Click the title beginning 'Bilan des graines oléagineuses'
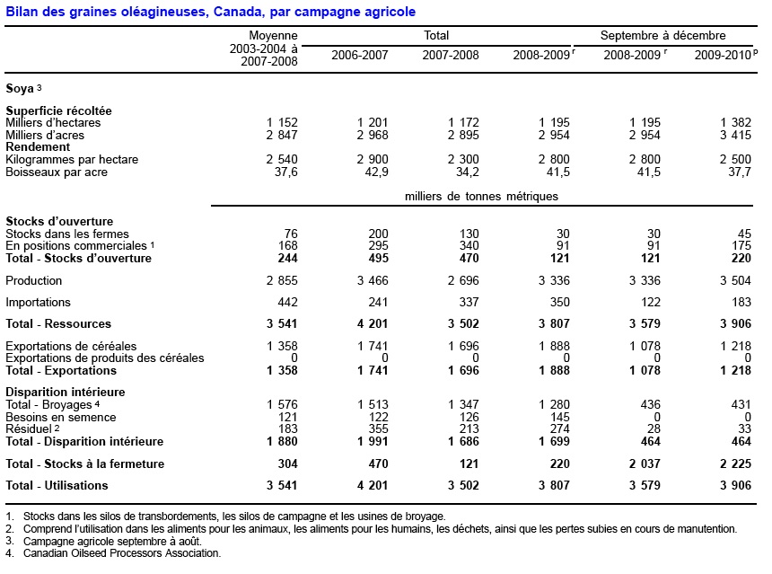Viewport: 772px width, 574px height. [210, 12]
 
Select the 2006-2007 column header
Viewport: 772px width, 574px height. [359, 55]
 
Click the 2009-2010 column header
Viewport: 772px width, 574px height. [721, 55]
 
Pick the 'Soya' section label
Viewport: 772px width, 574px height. [20, 88]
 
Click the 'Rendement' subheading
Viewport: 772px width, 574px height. [38, 147]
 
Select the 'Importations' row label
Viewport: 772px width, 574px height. [38, 303]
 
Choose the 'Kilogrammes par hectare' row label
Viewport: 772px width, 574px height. [72, 160]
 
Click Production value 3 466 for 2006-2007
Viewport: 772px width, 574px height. [368, 281]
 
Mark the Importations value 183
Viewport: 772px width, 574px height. [740, 303]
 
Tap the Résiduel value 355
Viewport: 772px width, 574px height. [377, 430]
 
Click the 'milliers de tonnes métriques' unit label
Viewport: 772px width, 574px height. [481, 196]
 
